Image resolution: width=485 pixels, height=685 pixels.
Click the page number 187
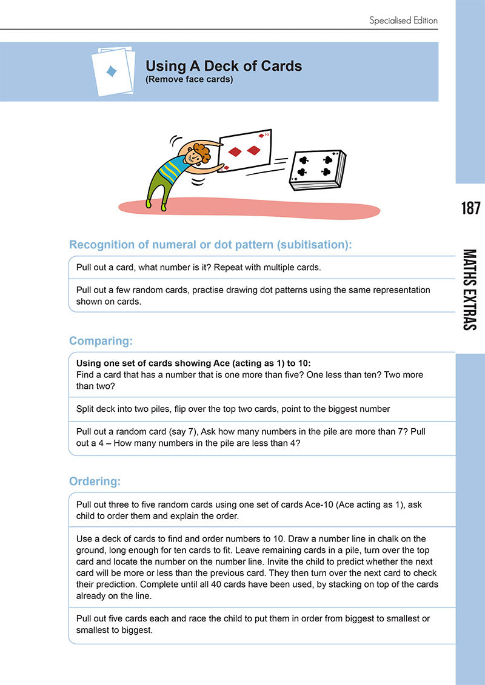point(470,208)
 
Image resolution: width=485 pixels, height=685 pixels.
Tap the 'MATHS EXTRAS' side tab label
point(470,290)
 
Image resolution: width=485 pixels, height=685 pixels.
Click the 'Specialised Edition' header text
point(403,21)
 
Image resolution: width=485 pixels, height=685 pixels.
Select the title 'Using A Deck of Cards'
point(223,67)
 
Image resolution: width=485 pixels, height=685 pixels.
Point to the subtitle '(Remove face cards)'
point(189,79)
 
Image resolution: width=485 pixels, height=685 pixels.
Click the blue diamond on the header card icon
point(112,72)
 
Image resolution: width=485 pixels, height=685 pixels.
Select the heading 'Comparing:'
point(101,341)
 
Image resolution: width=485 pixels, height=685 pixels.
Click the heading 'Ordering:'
point(95,481)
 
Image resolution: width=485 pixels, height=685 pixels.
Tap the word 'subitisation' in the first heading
point(313,245)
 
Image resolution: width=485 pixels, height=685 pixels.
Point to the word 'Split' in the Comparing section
point(85,409)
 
